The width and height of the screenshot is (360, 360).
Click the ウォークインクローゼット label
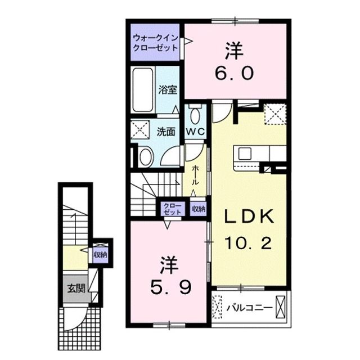tap(155, 43)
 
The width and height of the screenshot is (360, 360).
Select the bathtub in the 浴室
tap(143, 91)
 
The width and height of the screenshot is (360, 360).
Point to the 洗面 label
tap(166, 131)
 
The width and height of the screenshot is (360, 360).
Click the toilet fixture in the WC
tap(195, 115)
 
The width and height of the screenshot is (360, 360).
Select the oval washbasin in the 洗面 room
tap(146, 157)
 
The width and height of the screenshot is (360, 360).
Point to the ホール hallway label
tap(195, 176)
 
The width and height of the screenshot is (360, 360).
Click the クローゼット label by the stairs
tap(172, 209)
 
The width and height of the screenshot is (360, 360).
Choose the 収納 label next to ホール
tap(198, 209)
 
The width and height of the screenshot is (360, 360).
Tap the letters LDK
tap(249, 217)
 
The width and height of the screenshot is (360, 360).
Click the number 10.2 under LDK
tap(249, 243)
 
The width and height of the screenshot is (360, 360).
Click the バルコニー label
tap(250, 308)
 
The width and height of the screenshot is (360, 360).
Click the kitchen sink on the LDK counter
tap(246, 154)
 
